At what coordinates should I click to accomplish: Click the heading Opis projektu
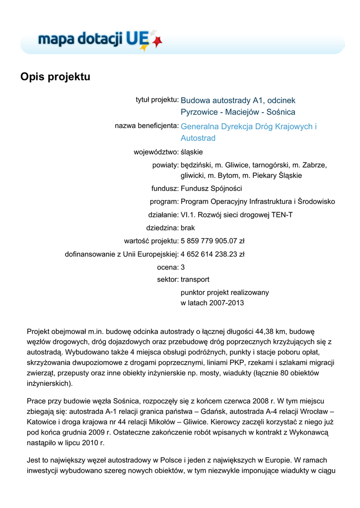pyautogui.click(x=55, y=77)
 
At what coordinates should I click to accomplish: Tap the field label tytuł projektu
pyautogui.click(x=156, y=100)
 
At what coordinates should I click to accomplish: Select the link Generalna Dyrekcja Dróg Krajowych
pyautogui.click(x=248, y=127)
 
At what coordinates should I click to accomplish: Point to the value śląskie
pyautogui.click(x=192, y=152)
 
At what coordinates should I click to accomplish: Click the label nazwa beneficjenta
pyautogui.click(x=146, y=126)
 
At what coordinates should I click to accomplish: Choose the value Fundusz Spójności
pyautogui.click(x=211, y=189)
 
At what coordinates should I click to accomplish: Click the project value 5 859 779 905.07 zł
pyautogui.click(x=213, y=241)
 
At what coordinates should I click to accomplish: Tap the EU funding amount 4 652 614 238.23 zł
pyautogui.click(x=213, y=254)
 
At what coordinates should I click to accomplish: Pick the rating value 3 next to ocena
pyautogui.click(x=183, y=267)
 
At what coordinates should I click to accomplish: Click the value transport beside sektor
pyautogui.click(x=195, y=280)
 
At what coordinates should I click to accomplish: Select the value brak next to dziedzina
pyautogui.click(x=188, y=228)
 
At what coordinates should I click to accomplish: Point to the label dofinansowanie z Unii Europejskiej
pyautogui.click(x=122, y=254)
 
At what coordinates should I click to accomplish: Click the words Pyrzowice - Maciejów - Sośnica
pyautogui.click(x=238, y=112)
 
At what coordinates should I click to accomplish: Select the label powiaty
pyautogui.click(x=165, y=165)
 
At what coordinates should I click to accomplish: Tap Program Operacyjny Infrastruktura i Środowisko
pyautogui.click(x=258, y=201)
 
